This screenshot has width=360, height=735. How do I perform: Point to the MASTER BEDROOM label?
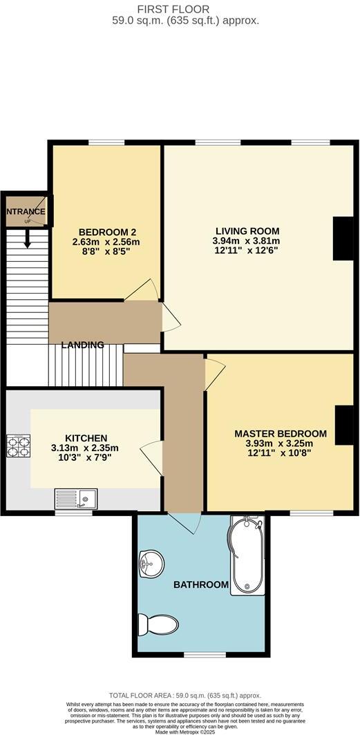point(280,433)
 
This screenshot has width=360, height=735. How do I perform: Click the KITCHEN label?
point(86,438)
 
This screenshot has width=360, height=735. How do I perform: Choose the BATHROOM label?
point(200,584)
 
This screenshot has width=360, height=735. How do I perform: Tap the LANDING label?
point(82,345)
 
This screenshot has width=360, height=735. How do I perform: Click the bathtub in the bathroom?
point(244,557)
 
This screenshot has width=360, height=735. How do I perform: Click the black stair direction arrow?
point(28,238)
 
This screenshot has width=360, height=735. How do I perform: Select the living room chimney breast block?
point(343,238)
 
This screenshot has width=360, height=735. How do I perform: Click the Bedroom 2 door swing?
point(143,290)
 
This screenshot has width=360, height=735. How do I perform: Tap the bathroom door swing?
point(183,524)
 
